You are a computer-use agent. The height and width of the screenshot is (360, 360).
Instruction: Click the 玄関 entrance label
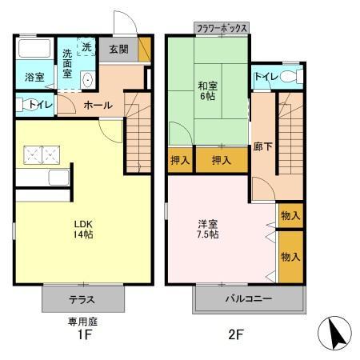pos(118,50)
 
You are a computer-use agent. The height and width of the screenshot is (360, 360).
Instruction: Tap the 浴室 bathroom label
pos(34,78)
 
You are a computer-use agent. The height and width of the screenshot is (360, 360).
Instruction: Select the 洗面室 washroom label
pos(70,62)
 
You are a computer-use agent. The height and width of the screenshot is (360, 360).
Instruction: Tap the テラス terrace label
pos(83,301)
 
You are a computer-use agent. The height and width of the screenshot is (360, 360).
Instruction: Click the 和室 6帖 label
pos(208,90)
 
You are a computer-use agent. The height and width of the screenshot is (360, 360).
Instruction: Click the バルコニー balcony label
pos(249,299)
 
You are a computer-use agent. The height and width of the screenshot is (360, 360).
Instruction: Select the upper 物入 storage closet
pos(290,215)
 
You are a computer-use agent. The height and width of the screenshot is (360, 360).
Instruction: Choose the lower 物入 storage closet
pos(290,256)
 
